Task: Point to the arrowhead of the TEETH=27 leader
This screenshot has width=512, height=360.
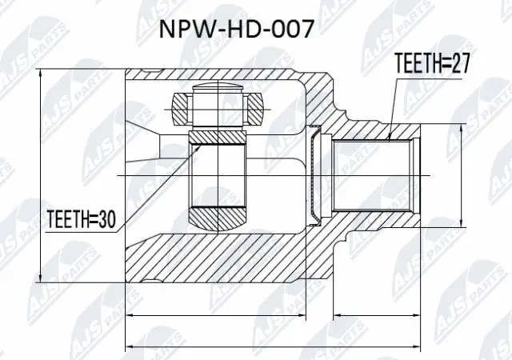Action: (389, 138)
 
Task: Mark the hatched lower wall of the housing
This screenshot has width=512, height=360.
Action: (224, 256)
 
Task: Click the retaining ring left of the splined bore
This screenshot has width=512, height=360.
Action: (315, 175)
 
